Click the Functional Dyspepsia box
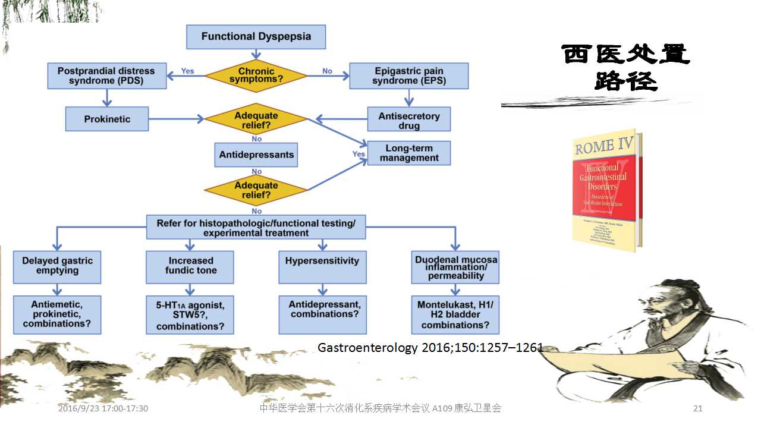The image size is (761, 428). coord(256,37)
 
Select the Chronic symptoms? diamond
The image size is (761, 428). coord(256,75)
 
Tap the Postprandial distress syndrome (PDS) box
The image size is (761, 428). coord(107,75)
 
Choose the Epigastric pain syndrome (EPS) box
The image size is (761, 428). coord(409,75)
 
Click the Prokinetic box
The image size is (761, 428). coord(107,119)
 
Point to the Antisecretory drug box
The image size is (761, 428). coord(409,119)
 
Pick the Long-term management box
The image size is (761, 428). coord(409,153)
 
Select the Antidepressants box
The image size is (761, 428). coord(256,155)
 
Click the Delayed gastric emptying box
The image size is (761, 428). coord(57,266)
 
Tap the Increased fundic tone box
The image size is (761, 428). coord(190,266)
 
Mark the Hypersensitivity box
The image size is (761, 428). coord(322,266)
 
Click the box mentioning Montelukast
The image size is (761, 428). coord(455,314)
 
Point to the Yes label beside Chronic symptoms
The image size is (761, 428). coord(187,71)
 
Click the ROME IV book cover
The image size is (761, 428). coord(603,190)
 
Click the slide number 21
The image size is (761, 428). coord(698,408)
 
